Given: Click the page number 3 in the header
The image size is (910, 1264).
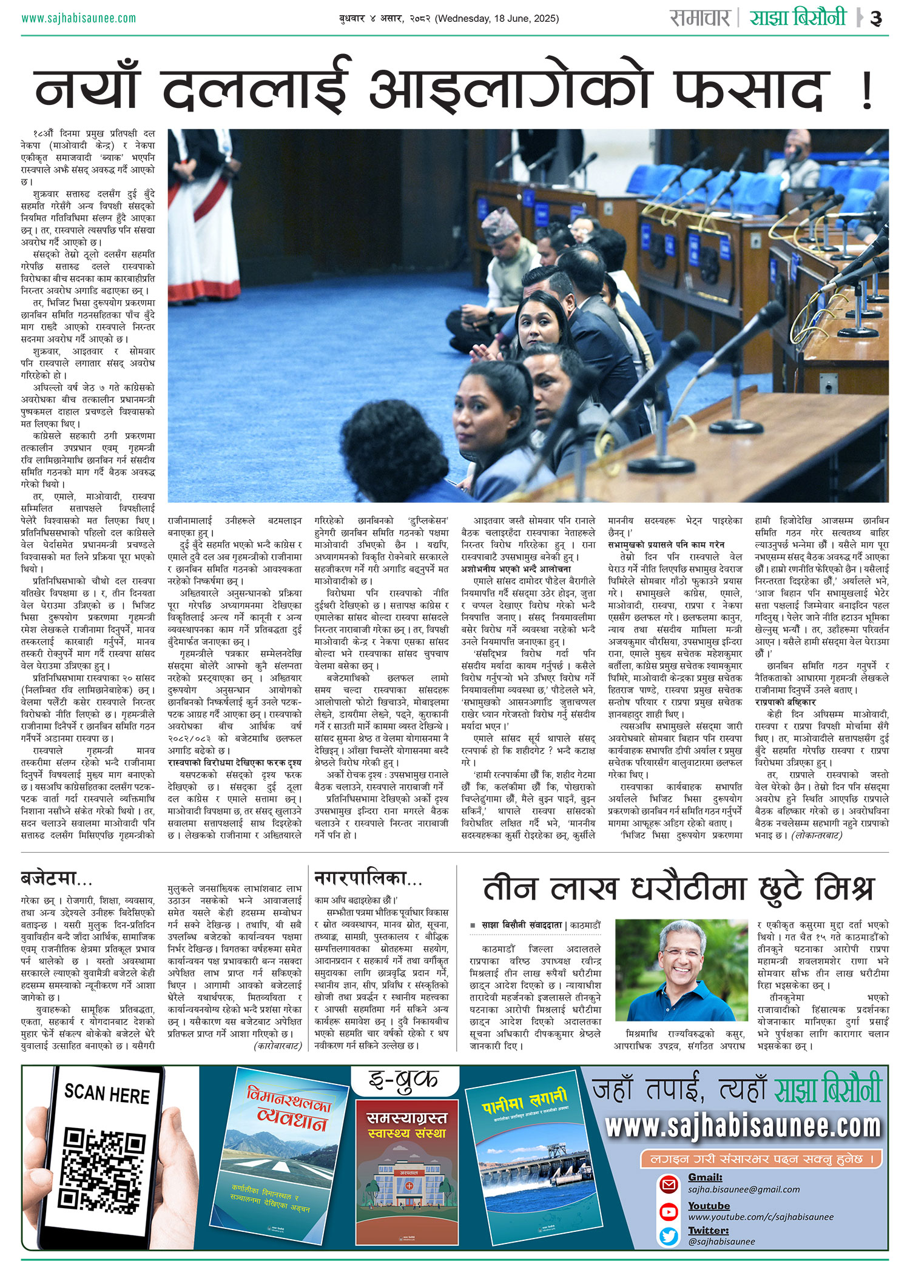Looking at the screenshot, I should (x=876, y=18).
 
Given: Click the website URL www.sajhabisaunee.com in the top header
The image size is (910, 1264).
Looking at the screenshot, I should (x=79, y=18).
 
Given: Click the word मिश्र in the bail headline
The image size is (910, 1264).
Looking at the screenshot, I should (x=844, y=889).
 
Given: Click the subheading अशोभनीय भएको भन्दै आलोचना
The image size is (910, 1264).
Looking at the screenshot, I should (x=516, y=569).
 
